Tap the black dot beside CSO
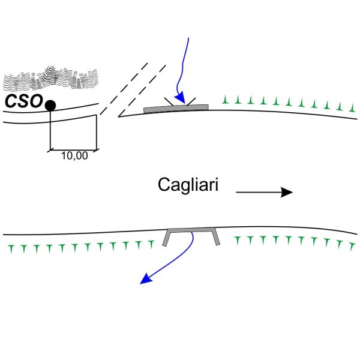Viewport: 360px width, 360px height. click(x=50, y=106)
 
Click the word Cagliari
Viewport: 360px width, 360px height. click(x=188, y=185)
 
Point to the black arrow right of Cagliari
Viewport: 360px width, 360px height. click(x=264, y=192)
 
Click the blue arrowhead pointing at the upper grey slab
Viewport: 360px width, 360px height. click(x=178, y=97)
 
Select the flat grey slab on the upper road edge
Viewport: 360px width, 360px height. click(x=176, y=108)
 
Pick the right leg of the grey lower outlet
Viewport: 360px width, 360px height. click(x=215, y=239)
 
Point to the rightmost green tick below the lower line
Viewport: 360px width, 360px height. click(x=351, y=245)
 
